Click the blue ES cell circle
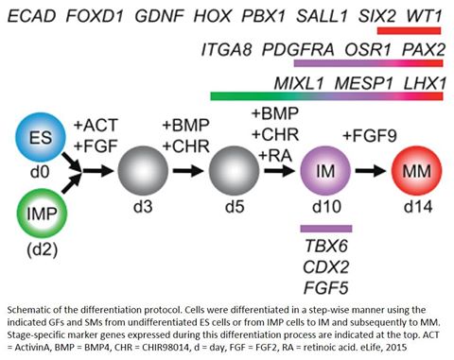41,138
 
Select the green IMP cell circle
42,214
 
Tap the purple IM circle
325,171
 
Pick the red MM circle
416,171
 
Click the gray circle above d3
143,170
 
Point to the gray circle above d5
235,170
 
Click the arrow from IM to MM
371,171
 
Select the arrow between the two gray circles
188,171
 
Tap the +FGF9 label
370,136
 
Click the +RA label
275,156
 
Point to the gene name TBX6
326,246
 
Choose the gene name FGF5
326,288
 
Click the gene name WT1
425,16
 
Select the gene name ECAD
31,16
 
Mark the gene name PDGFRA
298,49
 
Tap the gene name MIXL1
299,83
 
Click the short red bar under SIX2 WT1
409,30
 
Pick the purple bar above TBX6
326,229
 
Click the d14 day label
418,207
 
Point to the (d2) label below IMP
43,249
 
